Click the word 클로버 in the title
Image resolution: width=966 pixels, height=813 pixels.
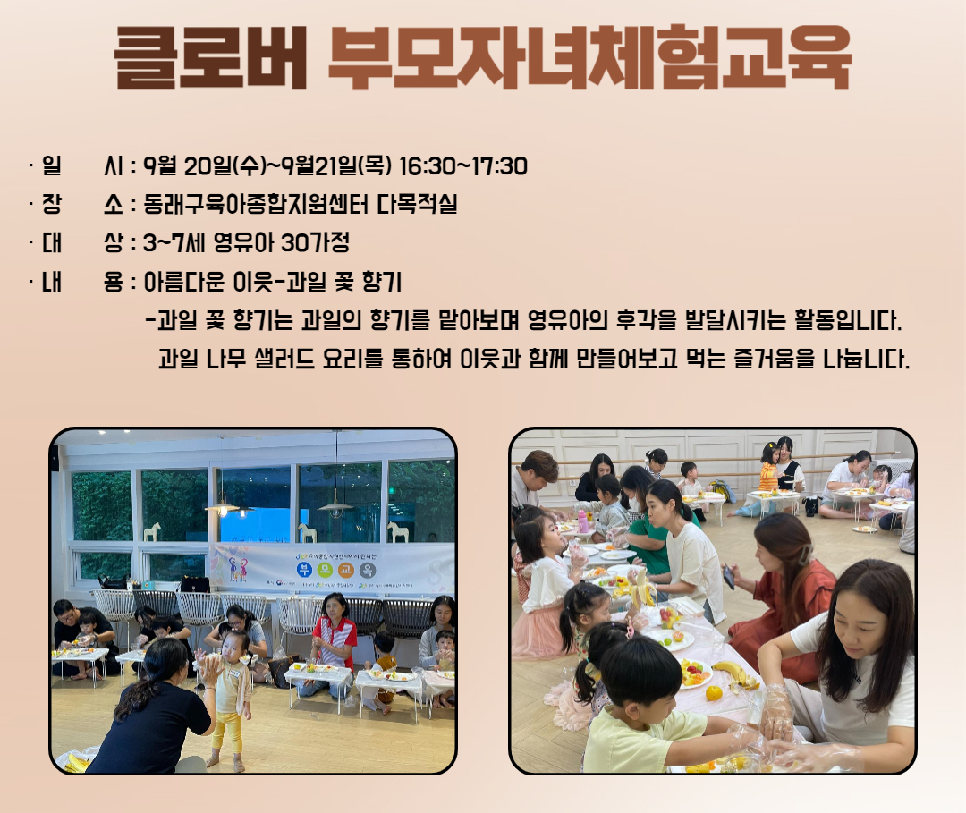[211, 58]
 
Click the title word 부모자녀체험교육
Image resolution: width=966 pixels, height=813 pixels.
[589, 58]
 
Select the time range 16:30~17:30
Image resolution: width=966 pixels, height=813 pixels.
[462, 166]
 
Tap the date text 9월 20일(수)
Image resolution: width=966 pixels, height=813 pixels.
[205, 166]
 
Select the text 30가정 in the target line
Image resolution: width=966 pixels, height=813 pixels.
[315, 242]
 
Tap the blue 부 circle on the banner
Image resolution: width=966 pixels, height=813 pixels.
[305, 569]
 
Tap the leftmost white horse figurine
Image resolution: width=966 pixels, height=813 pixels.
[151, 531]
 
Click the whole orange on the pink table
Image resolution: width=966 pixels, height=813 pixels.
[714, 693]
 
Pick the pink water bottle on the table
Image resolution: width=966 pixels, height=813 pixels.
[582, 521]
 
